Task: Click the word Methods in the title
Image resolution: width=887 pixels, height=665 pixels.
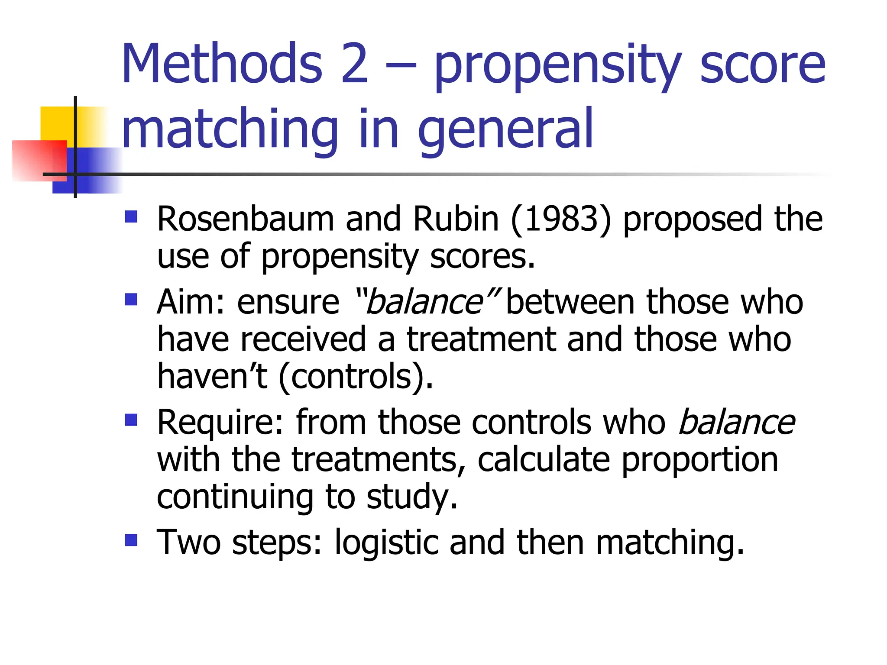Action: coord(222,64)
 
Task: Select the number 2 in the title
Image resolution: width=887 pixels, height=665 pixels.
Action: coord(354,64)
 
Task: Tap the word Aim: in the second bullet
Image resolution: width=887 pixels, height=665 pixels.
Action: coord(191,302)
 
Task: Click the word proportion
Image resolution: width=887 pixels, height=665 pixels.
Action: coord(699,460)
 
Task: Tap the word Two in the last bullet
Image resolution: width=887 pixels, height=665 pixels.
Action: coord(189,542)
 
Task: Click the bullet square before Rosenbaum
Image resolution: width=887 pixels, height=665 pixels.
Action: coord(131,216)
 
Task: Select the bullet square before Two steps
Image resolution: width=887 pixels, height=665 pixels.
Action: coord(131,540)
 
